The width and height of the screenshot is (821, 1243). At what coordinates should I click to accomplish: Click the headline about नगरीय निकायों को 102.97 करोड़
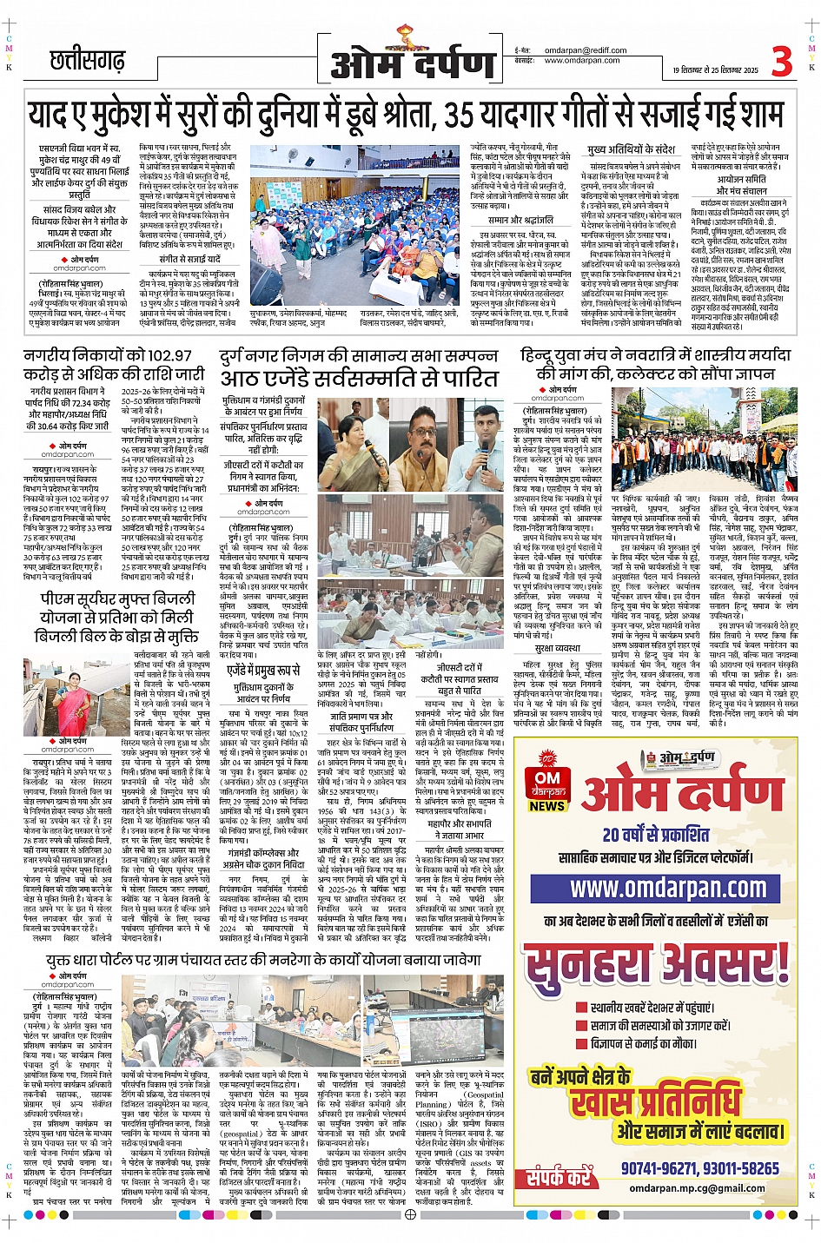tap(114, 365)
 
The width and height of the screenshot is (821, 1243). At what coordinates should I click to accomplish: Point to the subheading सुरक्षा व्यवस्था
tap(557, 648)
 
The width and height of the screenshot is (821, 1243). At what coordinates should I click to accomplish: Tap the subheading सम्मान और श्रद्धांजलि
tap(520, 220)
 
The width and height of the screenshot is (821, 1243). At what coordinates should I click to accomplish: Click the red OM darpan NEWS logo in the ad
tap(547, 785)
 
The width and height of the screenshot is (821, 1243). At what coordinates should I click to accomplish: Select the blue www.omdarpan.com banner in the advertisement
tap(667, 887)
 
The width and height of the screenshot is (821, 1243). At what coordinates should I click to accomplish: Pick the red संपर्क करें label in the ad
tap(559, 1177)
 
